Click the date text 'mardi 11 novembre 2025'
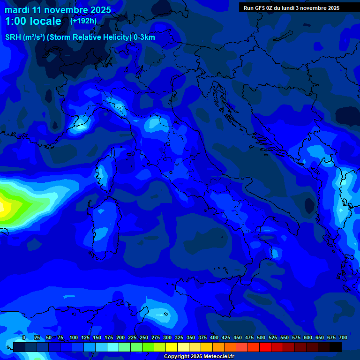point(58,10)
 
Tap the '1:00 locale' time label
point(33,21)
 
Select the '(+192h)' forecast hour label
point(83,21)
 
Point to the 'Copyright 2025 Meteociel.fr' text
point(199,356)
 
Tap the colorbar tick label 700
point(343,337)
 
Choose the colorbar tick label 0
point(24,337)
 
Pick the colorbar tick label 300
point(167,337)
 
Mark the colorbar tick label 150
point(97,337)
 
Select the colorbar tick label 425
point(226,337)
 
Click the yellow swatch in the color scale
point(172,347)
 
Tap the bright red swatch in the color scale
point(265,347)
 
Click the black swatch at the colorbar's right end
point(336,347)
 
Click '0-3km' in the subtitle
point(144,37)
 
